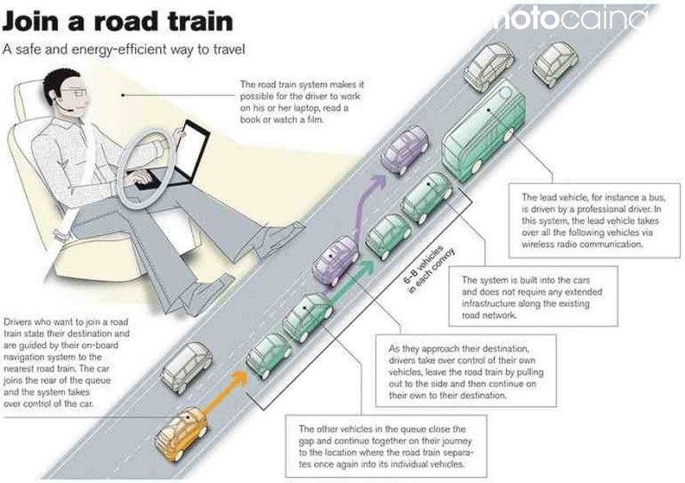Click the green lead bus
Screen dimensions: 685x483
pos(484,131)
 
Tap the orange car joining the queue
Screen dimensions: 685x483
pos(182,433)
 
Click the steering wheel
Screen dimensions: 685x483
pos(147,169)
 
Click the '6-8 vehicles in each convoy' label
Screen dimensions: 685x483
pos(429,269)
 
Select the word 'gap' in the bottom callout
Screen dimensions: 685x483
pos(307,441)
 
